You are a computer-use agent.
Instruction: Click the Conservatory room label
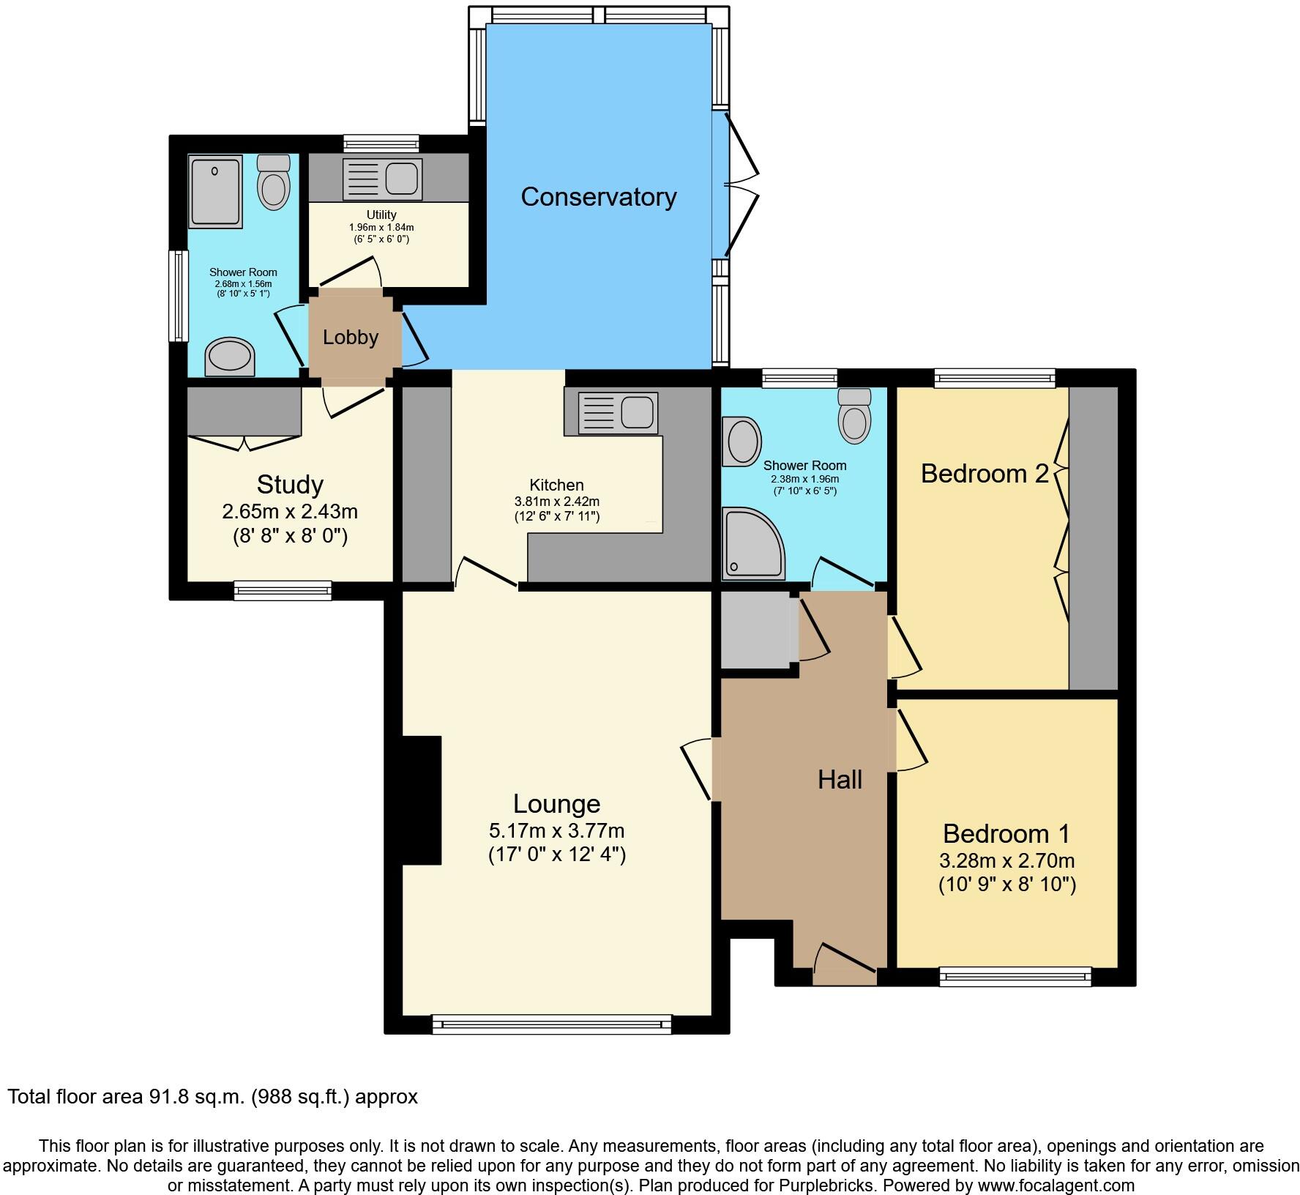[x=598, y=197]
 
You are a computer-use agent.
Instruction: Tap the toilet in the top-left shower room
[x=274, y=183]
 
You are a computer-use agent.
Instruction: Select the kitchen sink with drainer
[x=618, y=412]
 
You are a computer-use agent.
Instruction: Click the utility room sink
[x=381, y=178]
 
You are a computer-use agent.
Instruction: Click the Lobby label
[x=351, y=338]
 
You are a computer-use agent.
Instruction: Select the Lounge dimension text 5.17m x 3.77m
[x=556, y=831]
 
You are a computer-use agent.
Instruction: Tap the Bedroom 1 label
[x=1006, y=833]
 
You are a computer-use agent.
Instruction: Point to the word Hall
[x=840, y=780]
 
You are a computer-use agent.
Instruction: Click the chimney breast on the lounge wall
[x=422, y=800]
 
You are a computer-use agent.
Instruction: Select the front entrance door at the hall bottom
[x=845, y=965]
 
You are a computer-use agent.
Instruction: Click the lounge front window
[x=551, y=1024]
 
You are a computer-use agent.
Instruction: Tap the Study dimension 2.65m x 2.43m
[x=290, y=511]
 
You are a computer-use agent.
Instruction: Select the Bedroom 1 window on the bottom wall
[x=1015, y=976]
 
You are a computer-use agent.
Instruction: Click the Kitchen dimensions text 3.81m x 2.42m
[x=556, y=502]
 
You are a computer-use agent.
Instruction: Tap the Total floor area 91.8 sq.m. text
[x=212, y=1096]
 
